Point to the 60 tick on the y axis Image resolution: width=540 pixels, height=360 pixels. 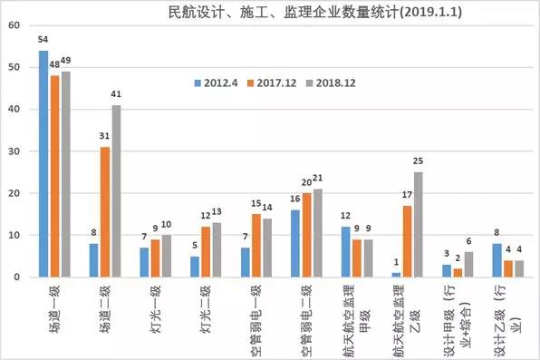coord(13,25)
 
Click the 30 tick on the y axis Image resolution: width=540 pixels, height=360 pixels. coord(13,151)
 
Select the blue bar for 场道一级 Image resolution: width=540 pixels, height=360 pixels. coord(43,163)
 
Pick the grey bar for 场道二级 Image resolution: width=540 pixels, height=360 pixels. coord(117,190)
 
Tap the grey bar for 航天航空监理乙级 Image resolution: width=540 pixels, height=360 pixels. coord(418,224)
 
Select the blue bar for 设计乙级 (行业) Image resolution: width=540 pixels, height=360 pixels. coord(497,259)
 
